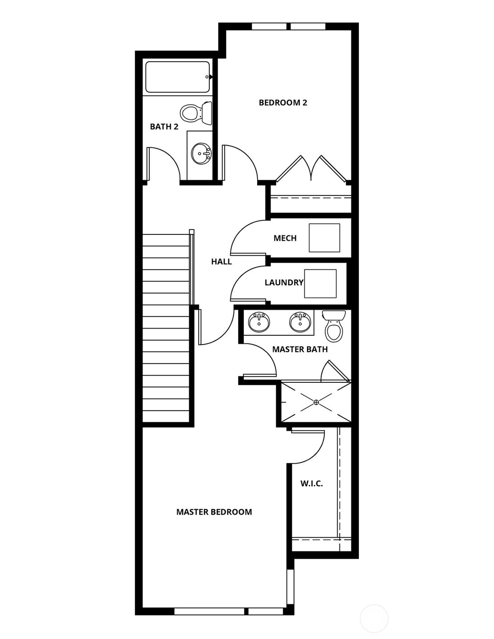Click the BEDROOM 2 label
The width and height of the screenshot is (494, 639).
pyautogui.click(x=283, y=103)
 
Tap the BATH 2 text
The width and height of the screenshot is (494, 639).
pyautogui.click(x=164, y=127)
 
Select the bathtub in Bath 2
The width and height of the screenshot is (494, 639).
pyautogui.click(x=178, y=77)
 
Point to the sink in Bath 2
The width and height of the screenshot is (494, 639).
pyautogui.click(x=201, y=153)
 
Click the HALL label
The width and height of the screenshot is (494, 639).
pyautogui.click(x=221, y=262)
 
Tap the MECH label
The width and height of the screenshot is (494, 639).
pyautogui.click(x=285, y=238)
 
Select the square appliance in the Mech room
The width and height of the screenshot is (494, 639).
pyautogui.click(x=324, y=238)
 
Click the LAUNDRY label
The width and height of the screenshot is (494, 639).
pyautogui.click(x=284, y=282)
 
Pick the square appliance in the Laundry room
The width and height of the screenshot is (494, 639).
pyautogui.click(x=320, y=283)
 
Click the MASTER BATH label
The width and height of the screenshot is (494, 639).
pyautogui.click(x=300, y=349)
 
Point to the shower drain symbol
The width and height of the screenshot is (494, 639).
pyautogui.click(x=316, y=402)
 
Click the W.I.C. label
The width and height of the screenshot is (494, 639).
pyautogui.click(x=312, y=484)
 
